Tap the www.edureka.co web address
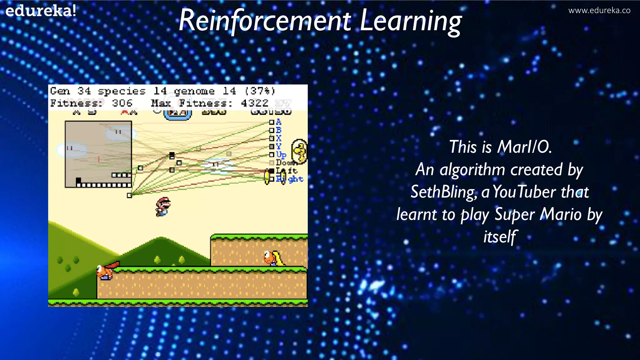tap(599, 10)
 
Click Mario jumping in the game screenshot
tap(163, 207)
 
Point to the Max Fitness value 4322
tap(254, 103)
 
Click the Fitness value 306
tap(122, 103)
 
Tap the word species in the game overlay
tap(122, 91)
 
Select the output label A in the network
tap(278, 122)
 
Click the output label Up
tap(281, 155)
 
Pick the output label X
tap(278, 138)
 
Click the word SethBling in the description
tap(443, 192)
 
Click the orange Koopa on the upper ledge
tap(273, 258)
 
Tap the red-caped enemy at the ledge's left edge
tap(106, 271)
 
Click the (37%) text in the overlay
tap(260, 91)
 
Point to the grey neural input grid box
tap(98, 154)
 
